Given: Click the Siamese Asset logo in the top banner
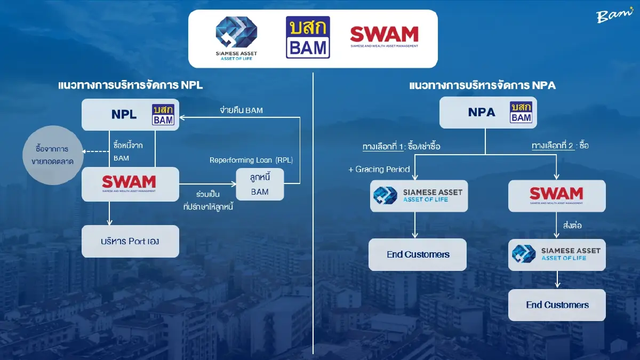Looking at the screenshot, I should (236, 38).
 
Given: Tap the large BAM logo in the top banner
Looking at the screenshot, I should (308, 37).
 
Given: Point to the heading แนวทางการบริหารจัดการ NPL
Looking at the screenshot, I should (131, 85).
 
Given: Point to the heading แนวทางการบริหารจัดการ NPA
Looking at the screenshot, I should (482, 85).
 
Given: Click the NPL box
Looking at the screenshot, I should (130, 114).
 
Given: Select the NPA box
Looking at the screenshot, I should (487, 112).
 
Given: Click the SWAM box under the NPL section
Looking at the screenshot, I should (130, 183).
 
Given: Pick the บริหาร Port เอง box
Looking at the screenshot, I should (130, 241).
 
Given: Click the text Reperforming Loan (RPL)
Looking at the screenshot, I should (251, 160).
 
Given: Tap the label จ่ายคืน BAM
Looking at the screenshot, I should (241, 110).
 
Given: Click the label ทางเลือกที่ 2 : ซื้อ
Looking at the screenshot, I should (560, 145).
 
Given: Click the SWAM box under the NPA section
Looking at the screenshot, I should (556, 196).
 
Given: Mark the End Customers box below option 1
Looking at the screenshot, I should (418, 254).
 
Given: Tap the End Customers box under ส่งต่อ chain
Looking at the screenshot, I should (557, 305).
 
